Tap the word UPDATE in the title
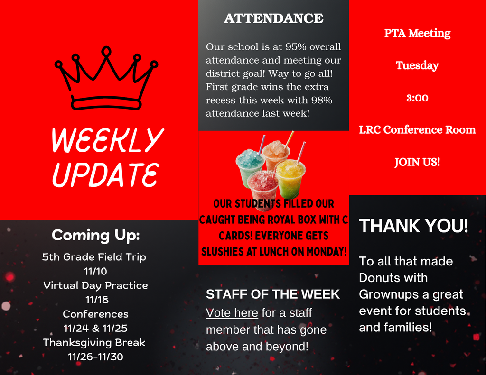pos(105,174)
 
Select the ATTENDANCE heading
pos(273,18)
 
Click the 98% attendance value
pos(321,100)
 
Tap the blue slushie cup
pos(250,167)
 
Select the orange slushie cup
pos(276,155)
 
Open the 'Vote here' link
pos(232,313)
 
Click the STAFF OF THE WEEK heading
pos(273,294)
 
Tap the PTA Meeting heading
pos(417,33)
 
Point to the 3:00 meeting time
pos(417,98)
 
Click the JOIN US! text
pos(417,162)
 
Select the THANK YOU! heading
pos(413,226)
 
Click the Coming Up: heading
pos(96,235)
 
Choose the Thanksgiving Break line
pos(94,342)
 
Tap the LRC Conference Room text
pos(417,130)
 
